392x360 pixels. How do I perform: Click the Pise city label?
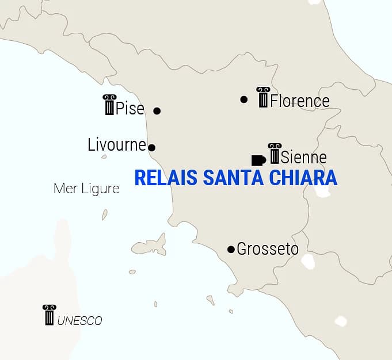(130, 108)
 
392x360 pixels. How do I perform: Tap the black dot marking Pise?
(157, 110)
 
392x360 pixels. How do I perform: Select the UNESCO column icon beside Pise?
(109, 105)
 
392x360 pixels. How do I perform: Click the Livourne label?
(117, 144)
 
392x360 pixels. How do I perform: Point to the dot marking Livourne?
(151, 148)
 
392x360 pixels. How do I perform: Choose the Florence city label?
(300, 101)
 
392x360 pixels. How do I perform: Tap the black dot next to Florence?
(244, 99)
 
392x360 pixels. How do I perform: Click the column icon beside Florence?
(263, 97)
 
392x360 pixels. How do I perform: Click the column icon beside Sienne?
(275, 154)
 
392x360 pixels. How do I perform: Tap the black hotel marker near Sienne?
(258, 160)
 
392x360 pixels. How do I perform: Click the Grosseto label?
(268, 249)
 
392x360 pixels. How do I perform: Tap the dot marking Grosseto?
(231, 249)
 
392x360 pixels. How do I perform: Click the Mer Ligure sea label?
(86, 189)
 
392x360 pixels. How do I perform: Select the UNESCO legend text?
(79, 321)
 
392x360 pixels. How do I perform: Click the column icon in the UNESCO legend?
(49, 315)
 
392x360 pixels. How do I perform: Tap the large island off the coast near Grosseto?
(149, 246)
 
